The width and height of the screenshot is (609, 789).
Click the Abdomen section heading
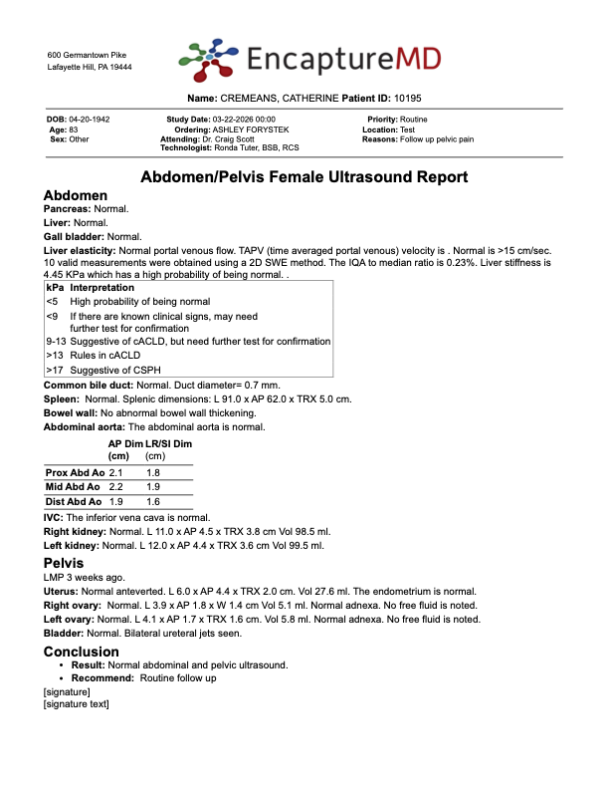76,196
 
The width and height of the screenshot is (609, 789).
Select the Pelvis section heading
64,563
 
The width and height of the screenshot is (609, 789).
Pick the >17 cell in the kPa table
54,370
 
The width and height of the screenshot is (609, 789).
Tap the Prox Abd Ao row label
75,472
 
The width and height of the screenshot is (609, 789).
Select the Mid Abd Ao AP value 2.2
115,486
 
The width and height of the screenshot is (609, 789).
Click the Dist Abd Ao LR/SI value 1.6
153,501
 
